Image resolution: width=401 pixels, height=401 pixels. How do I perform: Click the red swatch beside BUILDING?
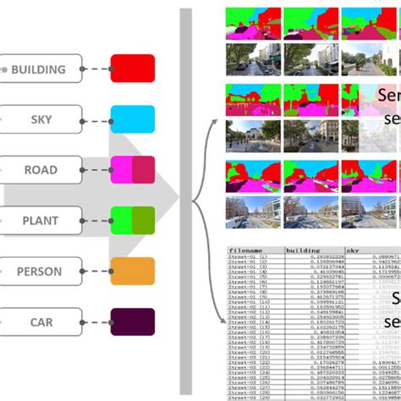pyautogui.click(x=132, y=69)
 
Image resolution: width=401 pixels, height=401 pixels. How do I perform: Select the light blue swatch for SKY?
pyautogui.click(x=132, y=119)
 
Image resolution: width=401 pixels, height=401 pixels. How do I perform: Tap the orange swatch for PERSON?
pyautogui.click(x=132, y=272)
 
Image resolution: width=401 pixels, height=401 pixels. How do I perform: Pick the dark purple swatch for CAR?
pyautogui.click(x=132, y=322)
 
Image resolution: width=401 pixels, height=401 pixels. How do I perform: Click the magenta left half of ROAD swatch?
pyautogui.click(x=121, y=170)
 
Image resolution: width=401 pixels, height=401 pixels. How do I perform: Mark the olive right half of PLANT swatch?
pyautogui.click(x=144, y=221)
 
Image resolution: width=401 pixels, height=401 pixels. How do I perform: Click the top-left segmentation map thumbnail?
pyautogui.click(x=252, y=24)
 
